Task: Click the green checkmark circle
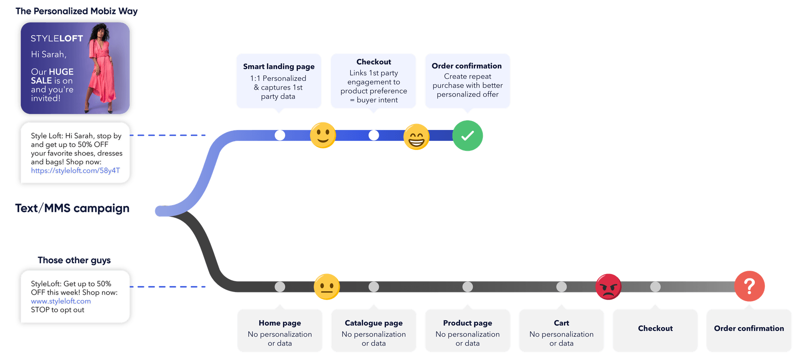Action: (x=467, y=136)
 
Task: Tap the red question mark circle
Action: (x=749, y=286)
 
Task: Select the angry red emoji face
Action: (x=608, y=287)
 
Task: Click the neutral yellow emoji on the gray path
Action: (x=326, y=287)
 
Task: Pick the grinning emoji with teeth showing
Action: (x=416, y=137)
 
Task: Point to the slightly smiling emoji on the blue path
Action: (x=323, y=135)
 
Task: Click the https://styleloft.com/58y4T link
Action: (x=75, y=170)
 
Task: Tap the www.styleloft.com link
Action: (x=61, y=301)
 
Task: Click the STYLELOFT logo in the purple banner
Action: (x=57, y=38)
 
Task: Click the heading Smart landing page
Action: (x=279, y=66)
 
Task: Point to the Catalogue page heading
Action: (x=374, y=323)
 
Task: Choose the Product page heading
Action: (x=467, y=323)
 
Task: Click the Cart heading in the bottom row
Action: (x=561, y=323)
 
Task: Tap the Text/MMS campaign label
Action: (x=72, y=208)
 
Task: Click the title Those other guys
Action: (x=74, y=260)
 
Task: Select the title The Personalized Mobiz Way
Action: (x=77, y=11)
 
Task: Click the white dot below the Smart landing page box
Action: (x=280, y=135)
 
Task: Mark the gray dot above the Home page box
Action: (x=280, y=287)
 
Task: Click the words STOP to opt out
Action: (x=58, y=310)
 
